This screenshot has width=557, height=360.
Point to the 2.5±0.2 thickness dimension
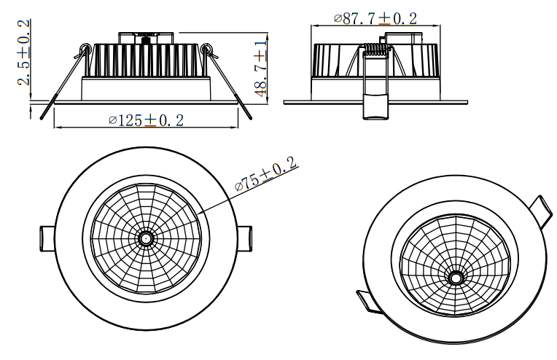[23, 52]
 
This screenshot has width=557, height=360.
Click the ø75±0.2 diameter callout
[267, 176]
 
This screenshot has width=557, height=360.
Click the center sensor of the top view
[146, 238]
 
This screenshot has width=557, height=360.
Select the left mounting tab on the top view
[45, 238]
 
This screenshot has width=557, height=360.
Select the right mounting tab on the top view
[246, 238]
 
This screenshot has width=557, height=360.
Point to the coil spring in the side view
[375, 51]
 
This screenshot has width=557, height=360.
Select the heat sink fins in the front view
[146, 57]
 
